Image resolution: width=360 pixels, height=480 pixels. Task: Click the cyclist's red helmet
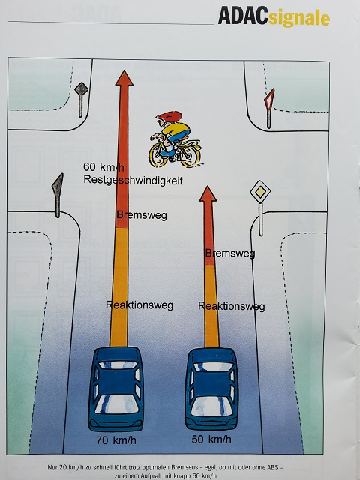(x=169, y=116)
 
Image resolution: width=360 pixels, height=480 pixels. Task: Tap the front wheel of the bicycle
(x=159, y=155)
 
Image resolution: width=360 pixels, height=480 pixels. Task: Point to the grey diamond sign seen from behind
(x=82, y=89)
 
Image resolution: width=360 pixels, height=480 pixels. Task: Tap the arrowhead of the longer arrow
(x=124, y=78)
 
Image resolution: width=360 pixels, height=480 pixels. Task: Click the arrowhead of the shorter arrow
(x=208, y=193)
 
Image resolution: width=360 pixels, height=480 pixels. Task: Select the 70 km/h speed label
(x=116, y=440)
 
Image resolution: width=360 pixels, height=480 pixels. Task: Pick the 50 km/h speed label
(x=211, y=439)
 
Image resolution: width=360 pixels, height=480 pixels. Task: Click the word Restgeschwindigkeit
(x=133, y=180)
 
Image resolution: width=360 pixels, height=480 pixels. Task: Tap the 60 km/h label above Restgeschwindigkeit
(x=103, y=167)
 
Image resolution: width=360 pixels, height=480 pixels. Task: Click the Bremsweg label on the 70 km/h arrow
(x=142, y=215)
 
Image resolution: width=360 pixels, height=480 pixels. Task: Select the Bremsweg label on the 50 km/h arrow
(x=230, y=253)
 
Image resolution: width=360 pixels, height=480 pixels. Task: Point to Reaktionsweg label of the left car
(x=139, y=305)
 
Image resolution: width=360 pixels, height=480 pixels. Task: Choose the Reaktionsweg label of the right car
(x=232, y=306)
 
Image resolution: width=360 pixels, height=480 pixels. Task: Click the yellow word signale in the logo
(x=299, y=18)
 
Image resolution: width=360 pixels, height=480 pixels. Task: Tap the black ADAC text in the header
(x=243, y=15)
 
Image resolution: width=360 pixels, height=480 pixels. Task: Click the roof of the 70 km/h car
(x=116, y=382)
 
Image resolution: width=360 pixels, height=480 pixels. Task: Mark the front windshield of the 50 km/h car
(x=211, y=367)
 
